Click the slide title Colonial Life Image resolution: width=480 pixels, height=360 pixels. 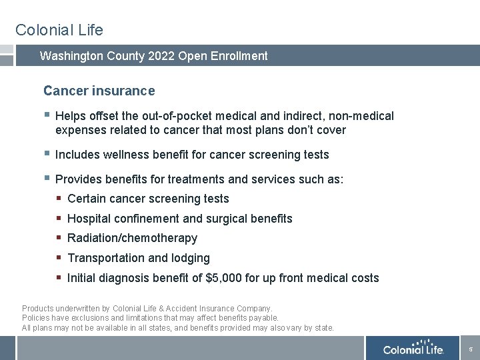tap(59, 30)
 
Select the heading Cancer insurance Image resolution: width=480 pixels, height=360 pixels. tap(99, 91)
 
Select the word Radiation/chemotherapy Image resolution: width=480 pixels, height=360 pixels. tap(132, 238)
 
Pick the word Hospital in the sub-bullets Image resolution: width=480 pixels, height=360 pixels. tap(89, 219)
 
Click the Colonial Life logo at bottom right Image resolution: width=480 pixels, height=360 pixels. tap(413, 348)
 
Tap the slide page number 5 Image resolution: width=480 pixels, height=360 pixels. tap(470, 349)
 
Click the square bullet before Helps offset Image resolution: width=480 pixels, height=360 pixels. tap(46, 115)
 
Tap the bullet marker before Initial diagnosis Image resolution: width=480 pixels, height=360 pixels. tap(59, 277)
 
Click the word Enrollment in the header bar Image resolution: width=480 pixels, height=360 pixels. tap(238, 56)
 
